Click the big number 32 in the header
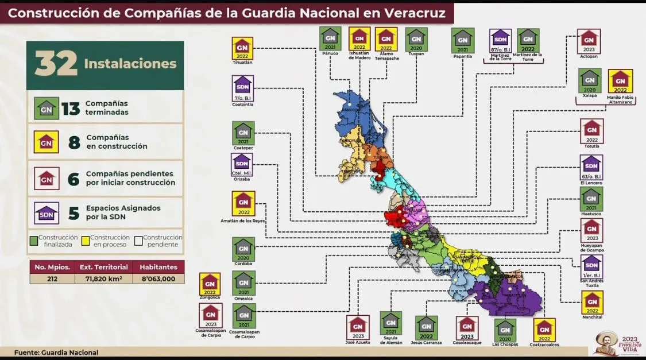tap(56, 64)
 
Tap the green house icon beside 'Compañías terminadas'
tap(47, 107)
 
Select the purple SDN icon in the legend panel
tap(47, 213)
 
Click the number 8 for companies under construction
tap(74, 142)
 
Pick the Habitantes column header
tap(158, 267)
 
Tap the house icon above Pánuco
tap(330, 40)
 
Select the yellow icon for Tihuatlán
tap(242, 48)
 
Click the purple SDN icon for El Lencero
tap(591, 166)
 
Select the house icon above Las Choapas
tap(505, 330)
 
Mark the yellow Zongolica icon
tap(210, 284)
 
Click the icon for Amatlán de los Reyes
tap(243, 203)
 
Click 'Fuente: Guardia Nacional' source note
tap(56, 352)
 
